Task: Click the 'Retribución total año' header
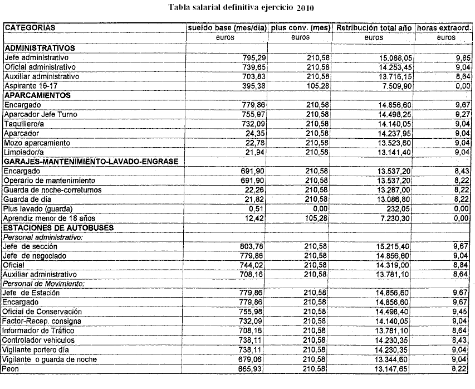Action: click(x=374, y=27)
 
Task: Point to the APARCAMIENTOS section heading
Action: click(x=37, y=95)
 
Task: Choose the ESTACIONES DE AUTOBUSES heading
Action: click(x=58, y=227)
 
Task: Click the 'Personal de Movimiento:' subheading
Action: click(x=43, y=284)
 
